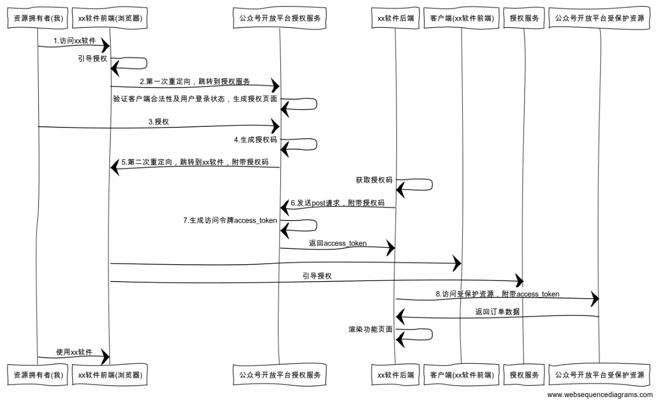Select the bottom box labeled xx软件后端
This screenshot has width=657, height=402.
click(395, 375)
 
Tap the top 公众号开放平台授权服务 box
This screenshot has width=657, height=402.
click(279, 18)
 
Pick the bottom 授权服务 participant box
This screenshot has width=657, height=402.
click(524, 375)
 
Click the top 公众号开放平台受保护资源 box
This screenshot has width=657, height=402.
click(600, 18)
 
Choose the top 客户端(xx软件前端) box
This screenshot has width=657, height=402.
click(462, 18)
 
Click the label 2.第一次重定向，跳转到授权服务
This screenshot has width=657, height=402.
click(195, 81)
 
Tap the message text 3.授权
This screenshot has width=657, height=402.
click(158, 122)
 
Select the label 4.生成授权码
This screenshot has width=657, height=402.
click(255, 139)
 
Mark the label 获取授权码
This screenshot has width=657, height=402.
click(374, 179)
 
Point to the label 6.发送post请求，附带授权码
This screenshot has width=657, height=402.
click(337, 203)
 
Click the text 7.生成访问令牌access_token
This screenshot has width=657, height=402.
click(230, 220)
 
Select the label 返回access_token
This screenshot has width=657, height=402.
click(338, 243)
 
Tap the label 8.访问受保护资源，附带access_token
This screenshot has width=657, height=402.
click(497, 294)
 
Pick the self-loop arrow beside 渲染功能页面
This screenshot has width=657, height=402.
click(416, 334)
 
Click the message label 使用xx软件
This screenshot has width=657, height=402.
click(74, 352)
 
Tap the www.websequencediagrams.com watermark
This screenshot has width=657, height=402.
click(600, 394)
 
